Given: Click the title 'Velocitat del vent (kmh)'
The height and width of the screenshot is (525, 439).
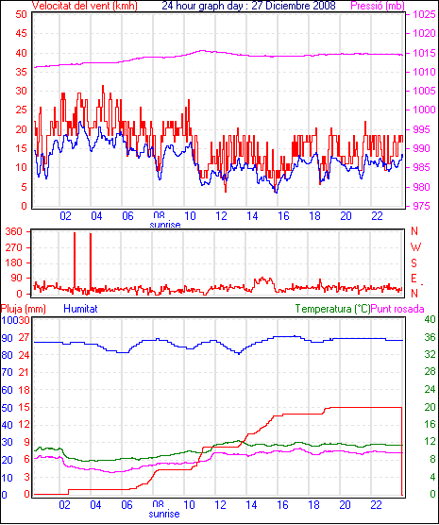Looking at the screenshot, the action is pos(84,6).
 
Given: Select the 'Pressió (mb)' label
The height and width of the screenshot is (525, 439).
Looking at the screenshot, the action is pos(378,6).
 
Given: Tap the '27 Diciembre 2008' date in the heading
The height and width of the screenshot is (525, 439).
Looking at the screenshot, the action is pos(294,6).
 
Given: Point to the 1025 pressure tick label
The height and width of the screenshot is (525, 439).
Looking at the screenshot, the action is pos(424,14).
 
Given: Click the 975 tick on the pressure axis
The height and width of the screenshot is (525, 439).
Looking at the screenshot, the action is pos(421,206).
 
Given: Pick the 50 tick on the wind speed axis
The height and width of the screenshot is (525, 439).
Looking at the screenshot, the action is pos(21,14).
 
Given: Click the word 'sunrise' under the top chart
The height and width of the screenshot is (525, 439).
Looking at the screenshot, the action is pos(165,225).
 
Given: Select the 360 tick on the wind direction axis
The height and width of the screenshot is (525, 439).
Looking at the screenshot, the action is pos(14,231).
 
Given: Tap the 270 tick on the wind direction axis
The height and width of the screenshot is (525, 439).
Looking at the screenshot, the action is pos(14,247).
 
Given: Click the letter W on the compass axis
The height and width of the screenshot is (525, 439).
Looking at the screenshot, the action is pos(415,247).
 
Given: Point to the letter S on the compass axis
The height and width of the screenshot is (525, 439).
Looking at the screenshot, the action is pos(414,263).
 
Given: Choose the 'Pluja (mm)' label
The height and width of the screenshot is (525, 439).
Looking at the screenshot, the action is pos(24,309).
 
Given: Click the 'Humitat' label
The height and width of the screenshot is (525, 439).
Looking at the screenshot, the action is pos(80,309).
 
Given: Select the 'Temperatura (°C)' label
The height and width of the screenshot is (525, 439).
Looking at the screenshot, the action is pos(333,309).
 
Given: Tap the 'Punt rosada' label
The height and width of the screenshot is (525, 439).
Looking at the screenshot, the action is pos(397,309).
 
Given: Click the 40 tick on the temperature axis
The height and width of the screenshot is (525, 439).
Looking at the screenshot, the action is pos(430,319).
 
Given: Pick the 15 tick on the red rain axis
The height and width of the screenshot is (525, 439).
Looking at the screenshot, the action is pos(25,408).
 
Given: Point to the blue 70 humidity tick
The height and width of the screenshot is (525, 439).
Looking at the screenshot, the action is pos(7,372).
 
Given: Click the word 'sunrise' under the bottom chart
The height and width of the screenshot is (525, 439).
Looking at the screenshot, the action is pos(164,514).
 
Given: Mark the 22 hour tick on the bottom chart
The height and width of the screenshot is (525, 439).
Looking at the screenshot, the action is pos(377,504).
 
